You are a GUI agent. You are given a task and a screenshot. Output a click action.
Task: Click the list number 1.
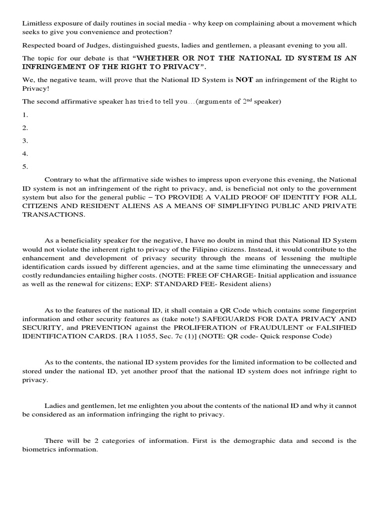click(25, 115)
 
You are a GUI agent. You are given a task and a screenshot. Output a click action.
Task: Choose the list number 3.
click(25, 141)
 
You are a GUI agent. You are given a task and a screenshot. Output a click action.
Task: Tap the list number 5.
click(25, 166)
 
